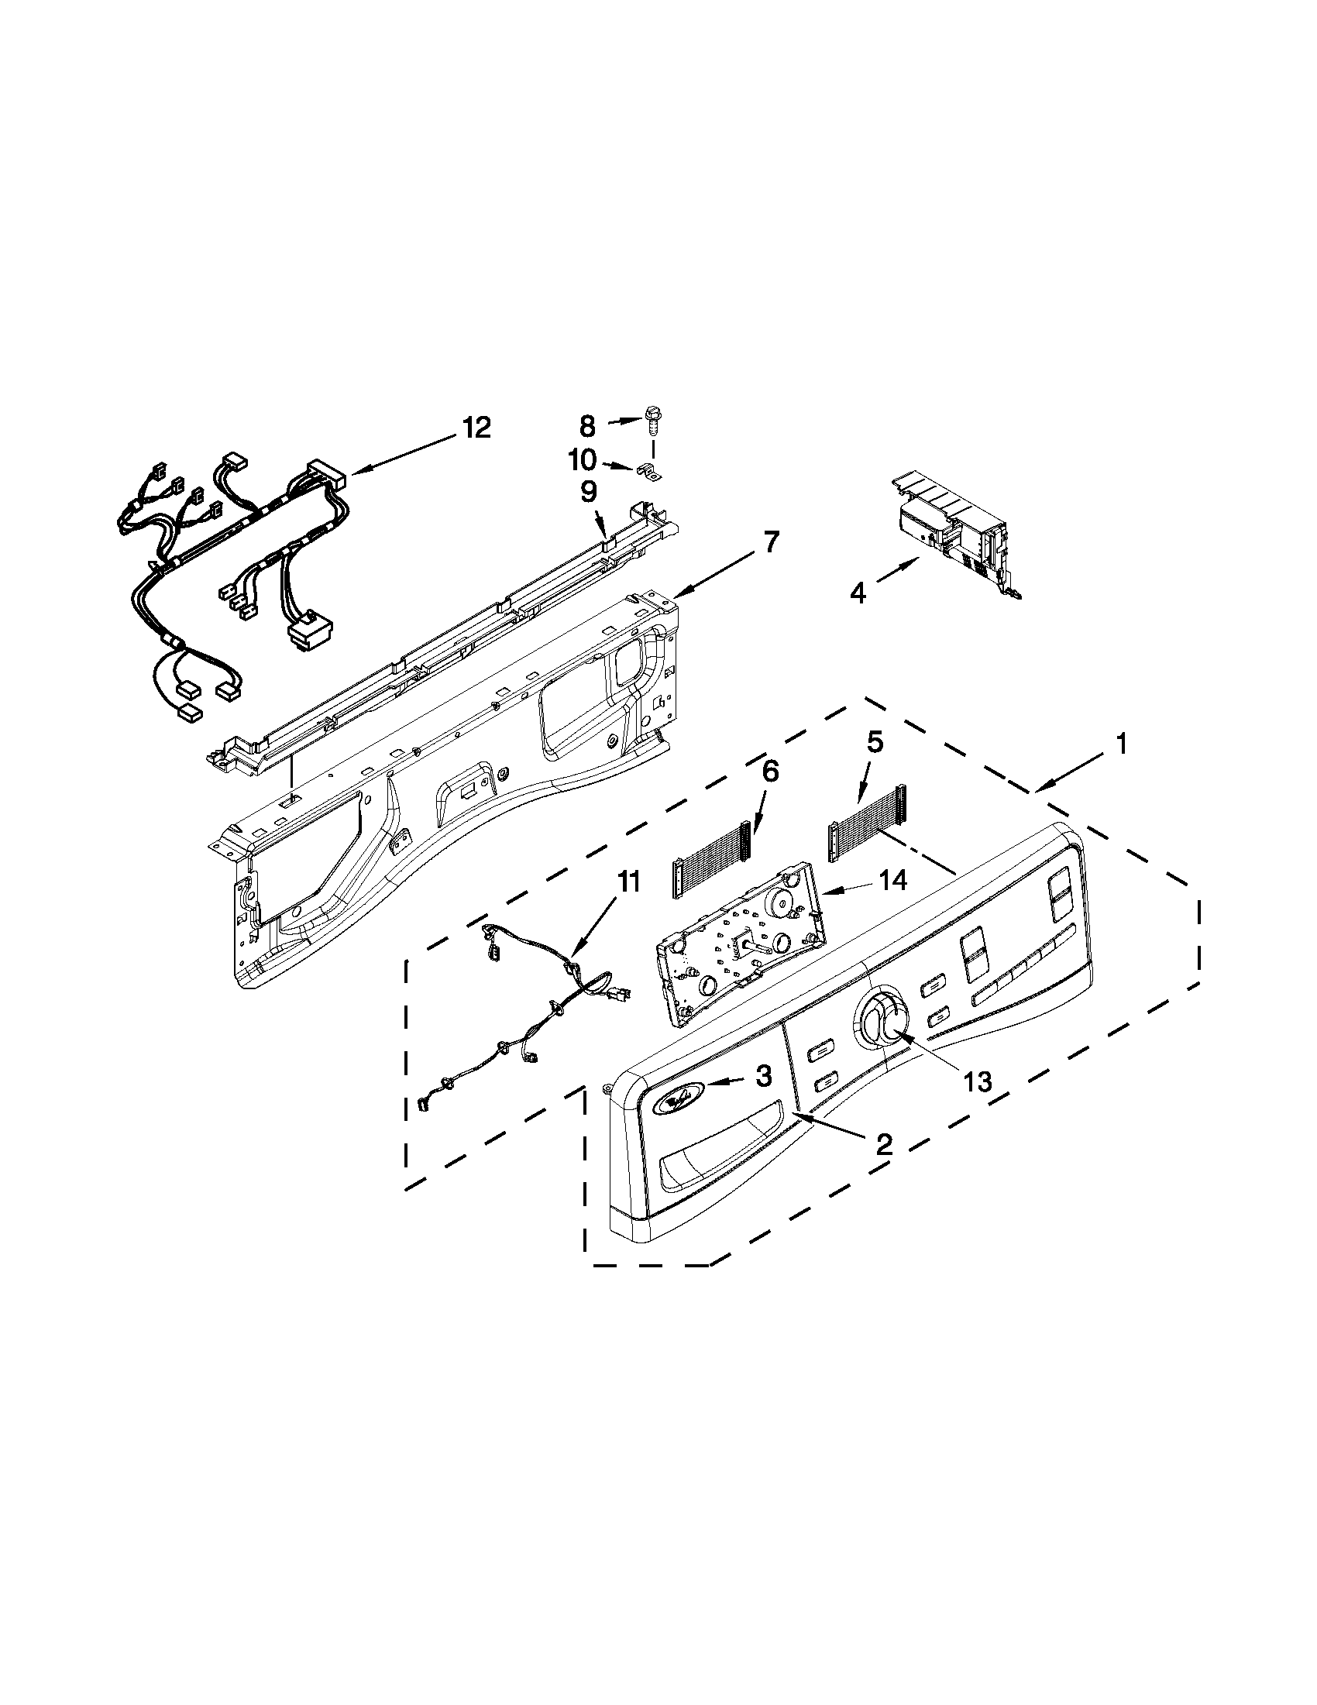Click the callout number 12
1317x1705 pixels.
[x=476, y=427]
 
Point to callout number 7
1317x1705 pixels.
[x=770, y=541]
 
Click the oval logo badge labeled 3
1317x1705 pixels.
[x=675, y=1098]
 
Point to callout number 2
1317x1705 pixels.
[x=883, y=1145]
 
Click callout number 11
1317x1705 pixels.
[x=628, y=882]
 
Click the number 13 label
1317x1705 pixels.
[x=977, y=1081]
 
